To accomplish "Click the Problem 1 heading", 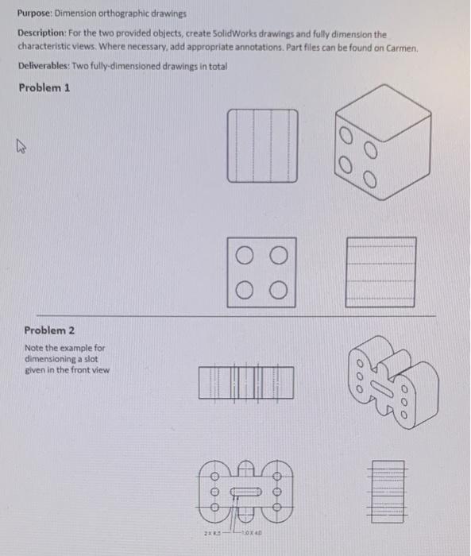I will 44,88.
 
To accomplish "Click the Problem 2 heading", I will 50,330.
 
